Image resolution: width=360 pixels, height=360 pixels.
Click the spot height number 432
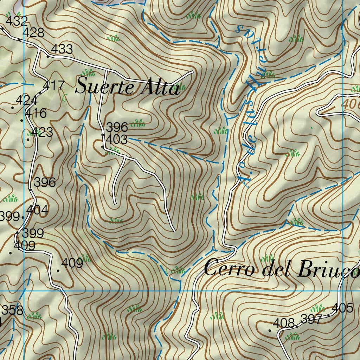point(17,21)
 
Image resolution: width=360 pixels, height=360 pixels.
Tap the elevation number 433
point(62,49)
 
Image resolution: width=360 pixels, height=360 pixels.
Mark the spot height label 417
point(54,85)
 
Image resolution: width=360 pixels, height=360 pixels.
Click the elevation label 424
point(26,100)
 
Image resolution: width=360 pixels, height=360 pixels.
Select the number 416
point(36,113)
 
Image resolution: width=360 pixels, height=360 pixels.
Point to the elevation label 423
point(42,132)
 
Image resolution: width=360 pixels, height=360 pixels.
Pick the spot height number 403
point(116,140)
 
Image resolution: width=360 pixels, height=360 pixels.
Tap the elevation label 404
point(37,210)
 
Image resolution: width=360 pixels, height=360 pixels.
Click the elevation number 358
point(12,310)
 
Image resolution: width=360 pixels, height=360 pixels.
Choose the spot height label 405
point(342,308)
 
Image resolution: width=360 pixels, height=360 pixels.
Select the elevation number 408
point(284,323)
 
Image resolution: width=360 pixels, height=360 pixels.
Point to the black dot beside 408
point(270,330)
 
